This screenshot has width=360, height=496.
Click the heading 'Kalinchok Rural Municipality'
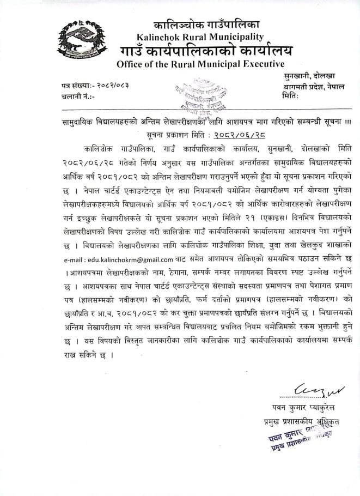tap(201, 37)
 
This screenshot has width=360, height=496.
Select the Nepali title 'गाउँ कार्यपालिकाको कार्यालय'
tap(207, 51)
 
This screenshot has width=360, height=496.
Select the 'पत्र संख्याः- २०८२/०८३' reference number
tap(96, 86)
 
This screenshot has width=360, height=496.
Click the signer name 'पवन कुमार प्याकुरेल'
tap(304, 407)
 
